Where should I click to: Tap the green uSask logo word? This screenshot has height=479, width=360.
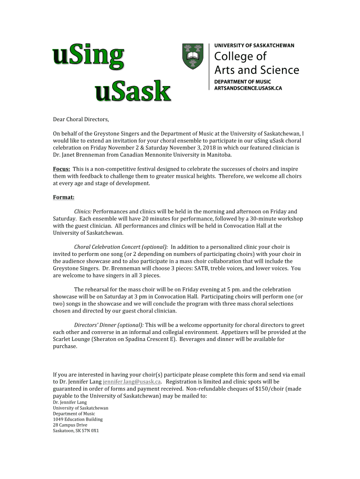click(x=133, y=91)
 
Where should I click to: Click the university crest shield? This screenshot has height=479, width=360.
click(x=193, y=57)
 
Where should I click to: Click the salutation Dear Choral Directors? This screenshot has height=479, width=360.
click(x=81, y=120)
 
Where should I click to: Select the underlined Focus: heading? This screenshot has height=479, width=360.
click(x=62, y=168)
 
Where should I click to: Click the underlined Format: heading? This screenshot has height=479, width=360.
click(x=64, y=197)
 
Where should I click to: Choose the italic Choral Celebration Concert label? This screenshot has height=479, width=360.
click(x=121, y=247)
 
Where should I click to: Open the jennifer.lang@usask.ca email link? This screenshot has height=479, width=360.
click(x=132, y=382)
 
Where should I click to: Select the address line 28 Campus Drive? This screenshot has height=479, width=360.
click(x=70, y=425)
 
